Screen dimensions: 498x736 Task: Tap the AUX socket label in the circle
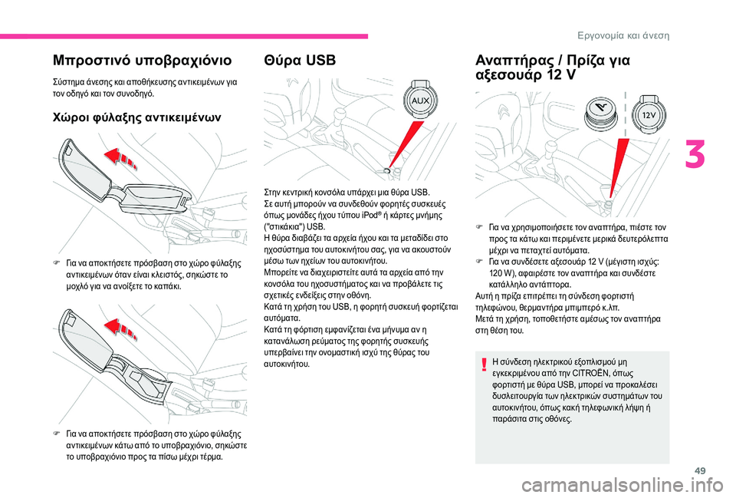click(x=420, y=101)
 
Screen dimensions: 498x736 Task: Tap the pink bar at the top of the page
click(x=184, y=36)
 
